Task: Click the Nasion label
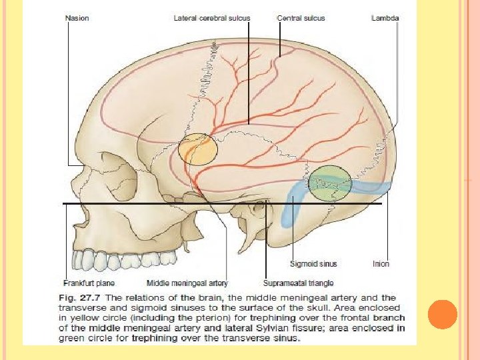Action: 77,19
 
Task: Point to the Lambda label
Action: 385,19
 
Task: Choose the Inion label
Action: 381,264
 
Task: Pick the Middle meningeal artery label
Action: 187,283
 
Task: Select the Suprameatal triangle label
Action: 298,283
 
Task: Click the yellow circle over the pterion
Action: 198,149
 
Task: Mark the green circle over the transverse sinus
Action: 330,183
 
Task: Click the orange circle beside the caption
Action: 443,314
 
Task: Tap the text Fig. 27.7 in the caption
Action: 75,298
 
